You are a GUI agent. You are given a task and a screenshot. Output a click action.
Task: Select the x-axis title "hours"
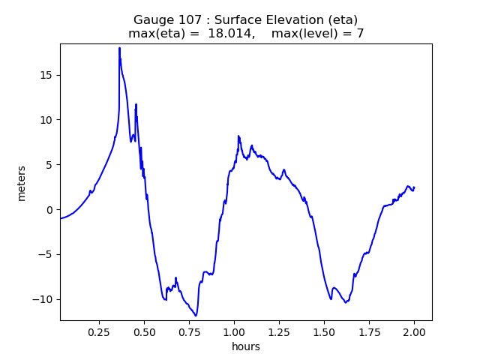coord(246,346)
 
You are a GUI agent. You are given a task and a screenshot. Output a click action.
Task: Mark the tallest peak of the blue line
coord(119,48)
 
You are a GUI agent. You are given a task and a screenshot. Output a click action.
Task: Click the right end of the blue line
coord(414,187)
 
